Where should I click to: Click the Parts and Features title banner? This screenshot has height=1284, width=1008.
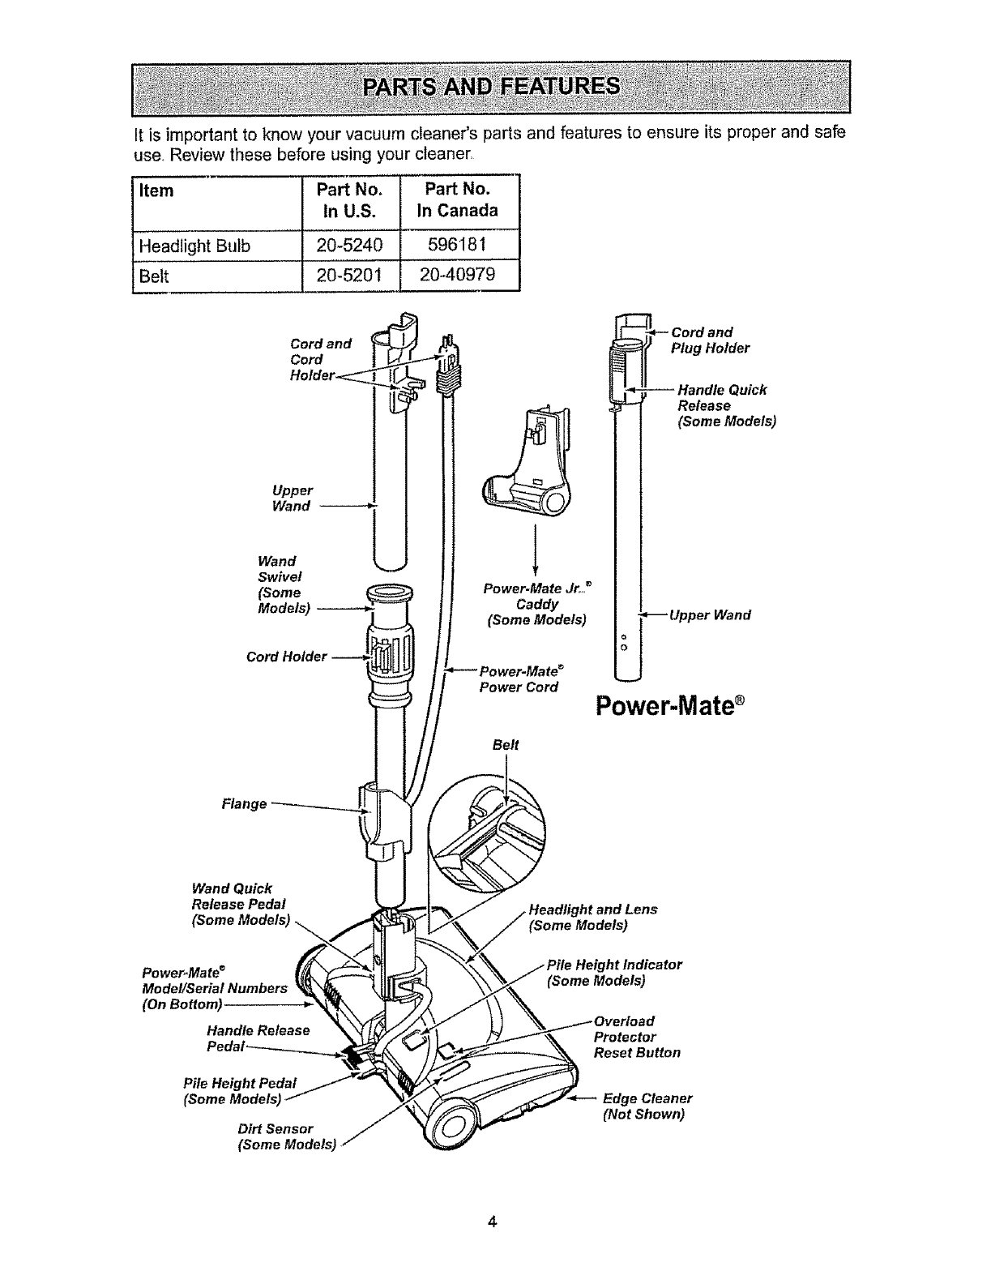point(491,86)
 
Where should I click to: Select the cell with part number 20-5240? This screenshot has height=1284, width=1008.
point(351,245)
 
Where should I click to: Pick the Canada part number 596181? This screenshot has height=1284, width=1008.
point(459,245)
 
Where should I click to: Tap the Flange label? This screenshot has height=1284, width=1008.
point(244,804)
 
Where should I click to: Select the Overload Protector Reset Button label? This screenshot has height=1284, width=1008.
point(637,1037)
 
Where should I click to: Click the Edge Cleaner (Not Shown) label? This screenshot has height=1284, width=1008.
point(647,1106)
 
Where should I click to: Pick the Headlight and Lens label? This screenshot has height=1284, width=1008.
point(592,917)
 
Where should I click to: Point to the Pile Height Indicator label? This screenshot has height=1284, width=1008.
point(614,973)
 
